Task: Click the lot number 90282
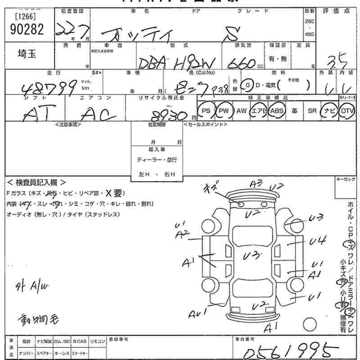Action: coord(27,29)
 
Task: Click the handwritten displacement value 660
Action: coord(242,63)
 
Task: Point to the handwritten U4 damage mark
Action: coord(318,241)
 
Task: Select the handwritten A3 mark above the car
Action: coord(256,184)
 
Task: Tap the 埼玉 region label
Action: coord(27,54)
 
